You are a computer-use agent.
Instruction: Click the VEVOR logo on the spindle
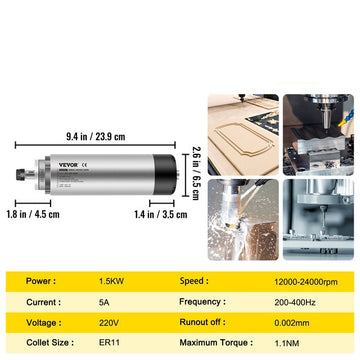[68, 165]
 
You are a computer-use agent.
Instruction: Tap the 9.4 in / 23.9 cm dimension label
[96, 136]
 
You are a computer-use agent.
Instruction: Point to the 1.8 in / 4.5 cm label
[33, 214]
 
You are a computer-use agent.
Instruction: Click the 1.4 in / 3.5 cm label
[161, 214]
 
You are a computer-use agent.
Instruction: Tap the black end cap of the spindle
[164, 174]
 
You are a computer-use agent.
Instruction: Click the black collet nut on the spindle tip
[21, 174]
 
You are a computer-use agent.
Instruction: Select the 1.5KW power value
[111, 281]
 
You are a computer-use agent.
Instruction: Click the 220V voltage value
[109, 323]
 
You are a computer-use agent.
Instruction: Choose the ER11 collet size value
[109, 343]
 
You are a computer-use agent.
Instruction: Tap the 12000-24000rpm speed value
[306, 282]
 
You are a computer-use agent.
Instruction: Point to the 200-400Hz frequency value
[295, 303]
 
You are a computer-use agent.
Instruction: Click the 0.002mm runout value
[292, 323]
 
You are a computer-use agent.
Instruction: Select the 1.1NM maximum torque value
[288, 343]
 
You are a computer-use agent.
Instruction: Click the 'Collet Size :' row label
[50, 343]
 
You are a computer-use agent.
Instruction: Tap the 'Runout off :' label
[203, 322]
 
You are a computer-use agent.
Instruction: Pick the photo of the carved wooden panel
[243, 135]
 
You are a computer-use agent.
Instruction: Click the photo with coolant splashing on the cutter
[243, 220]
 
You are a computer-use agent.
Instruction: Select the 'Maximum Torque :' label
[216, 343]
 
